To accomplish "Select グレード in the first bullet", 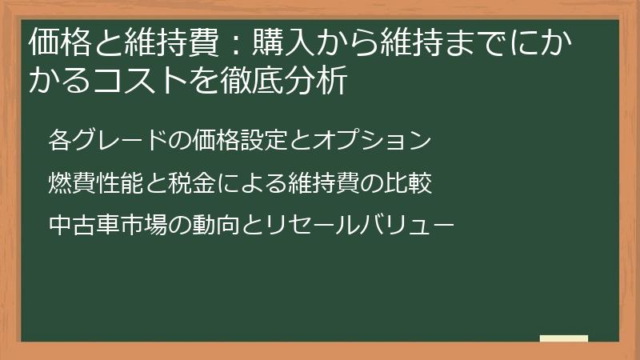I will click(x=110, y=140).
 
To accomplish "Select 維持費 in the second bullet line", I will click(x=320, y=183).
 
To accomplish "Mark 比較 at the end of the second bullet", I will click(x=411, y=183).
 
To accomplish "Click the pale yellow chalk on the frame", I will click(x=563, y=339).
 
